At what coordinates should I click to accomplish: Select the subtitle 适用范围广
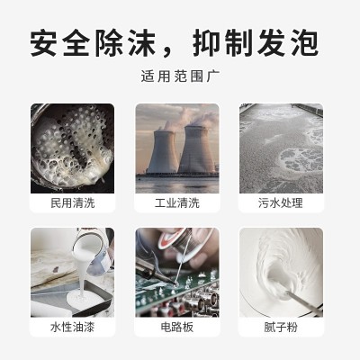coord(179,78)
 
